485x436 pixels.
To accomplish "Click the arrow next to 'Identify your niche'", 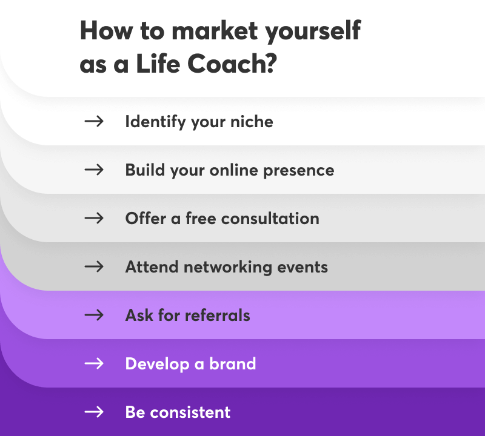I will pos(94,121).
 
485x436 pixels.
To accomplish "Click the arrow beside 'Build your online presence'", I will pos(94,170).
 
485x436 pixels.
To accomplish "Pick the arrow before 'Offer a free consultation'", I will pos(94,218).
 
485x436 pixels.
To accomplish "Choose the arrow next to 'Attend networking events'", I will pos(94,266).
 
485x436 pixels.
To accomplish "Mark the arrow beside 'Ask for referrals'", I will pos(94,315).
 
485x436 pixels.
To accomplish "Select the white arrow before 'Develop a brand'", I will pos(94,363).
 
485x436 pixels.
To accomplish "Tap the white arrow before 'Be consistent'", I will pos(94,412).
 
